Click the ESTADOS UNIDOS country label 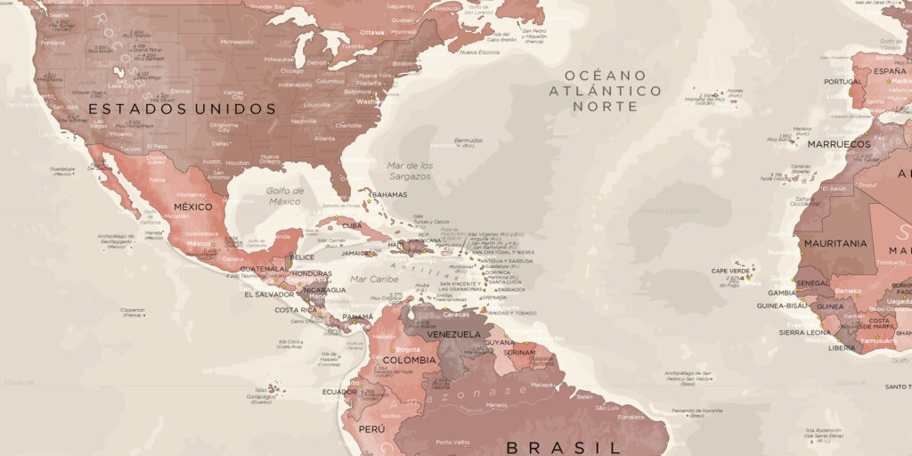click(183, 109)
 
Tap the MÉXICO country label click(192, 207)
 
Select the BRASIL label click(562, 446)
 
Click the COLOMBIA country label click(403, 361)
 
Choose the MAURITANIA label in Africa click(835, 243)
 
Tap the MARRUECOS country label click(839, 143)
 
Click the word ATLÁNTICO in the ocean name click(606, 91)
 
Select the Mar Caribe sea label click(374, 279)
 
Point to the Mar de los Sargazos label click(411, 171)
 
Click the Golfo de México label click(285, 196)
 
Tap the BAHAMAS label click(389, 195)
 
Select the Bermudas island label click(468, 140)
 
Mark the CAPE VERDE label click(731, 272)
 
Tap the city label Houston click(238, 163)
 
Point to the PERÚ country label click(371, 429)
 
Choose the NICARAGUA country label click(324, 289)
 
